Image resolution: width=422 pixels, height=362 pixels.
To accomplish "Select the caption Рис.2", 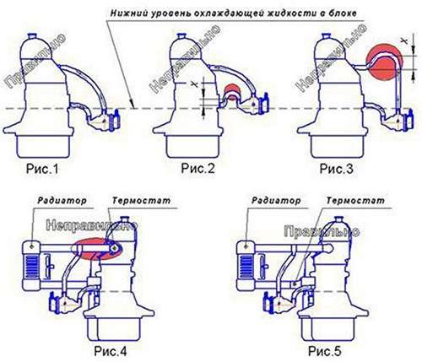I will [200, 170].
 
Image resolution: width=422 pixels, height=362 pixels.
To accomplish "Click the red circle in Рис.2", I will [232, 95].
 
